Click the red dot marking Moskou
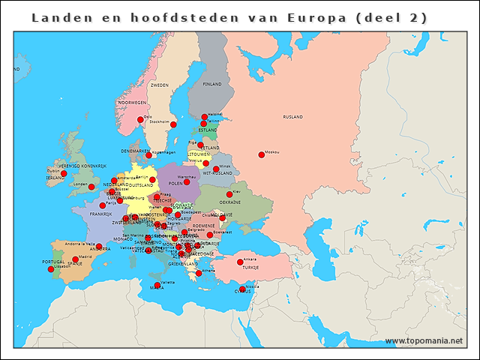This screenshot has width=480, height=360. (261, 154)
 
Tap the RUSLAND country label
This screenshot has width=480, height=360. (292, 118)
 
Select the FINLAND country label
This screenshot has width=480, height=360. (213, 84)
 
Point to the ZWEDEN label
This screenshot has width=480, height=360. (159, 85)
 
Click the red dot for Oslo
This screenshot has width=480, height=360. (140, 119)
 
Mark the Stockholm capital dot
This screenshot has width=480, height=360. (173, 124)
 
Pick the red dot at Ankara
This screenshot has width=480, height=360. (240, 262)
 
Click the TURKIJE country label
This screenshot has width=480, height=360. (250, 268)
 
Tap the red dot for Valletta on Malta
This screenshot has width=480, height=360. (157, 285)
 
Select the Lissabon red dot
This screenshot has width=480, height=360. (51, 269)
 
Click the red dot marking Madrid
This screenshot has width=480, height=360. (75, 259)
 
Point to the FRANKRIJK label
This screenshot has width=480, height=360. (100, 214)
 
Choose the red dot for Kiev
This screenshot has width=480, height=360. (229, 194)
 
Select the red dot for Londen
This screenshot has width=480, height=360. (91, 187)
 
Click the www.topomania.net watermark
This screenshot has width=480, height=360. (424, 341)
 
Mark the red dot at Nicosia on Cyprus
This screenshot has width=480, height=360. (242, 289)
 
